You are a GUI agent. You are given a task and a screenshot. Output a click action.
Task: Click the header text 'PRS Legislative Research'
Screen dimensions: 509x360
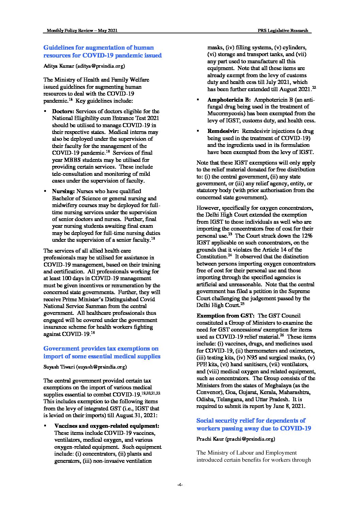[x=283, y=31]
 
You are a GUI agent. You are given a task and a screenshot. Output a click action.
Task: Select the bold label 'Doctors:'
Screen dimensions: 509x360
[x=63, y=111]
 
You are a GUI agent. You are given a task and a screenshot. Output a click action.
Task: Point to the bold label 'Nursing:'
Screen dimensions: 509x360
[x=63, y=191]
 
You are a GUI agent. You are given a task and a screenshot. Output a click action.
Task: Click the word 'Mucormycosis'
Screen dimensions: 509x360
[x=223, y=114]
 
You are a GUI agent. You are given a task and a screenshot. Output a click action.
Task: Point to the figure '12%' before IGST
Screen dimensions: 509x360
[x=307, y=236]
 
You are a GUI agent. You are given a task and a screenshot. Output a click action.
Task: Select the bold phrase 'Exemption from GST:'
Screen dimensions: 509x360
[x=226, y=316]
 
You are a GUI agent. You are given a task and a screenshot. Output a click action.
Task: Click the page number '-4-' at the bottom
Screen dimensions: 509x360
[x=180, y=485]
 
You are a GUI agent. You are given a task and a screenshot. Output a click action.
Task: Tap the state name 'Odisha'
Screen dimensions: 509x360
[x=205, y=399]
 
